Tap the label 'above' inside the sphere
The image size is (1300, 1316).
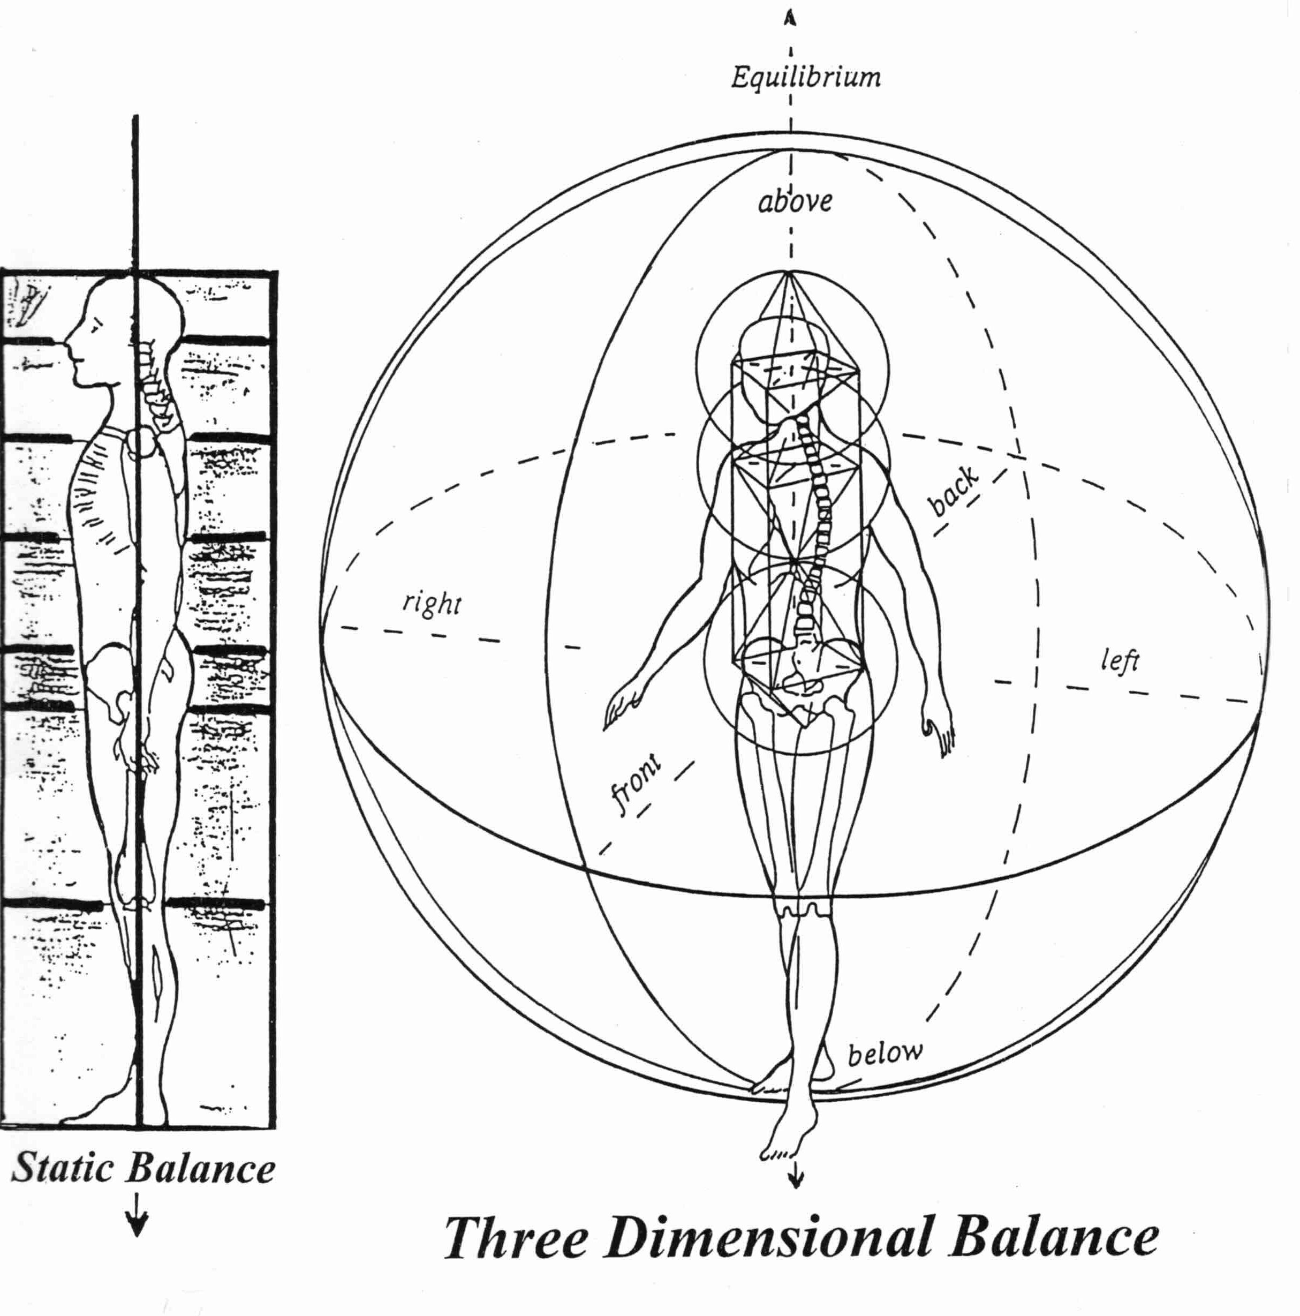(795, 201)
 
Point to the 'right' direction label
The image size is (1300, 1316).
(432, 603)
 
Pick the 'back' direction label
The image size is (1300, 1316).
(955, 492)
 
